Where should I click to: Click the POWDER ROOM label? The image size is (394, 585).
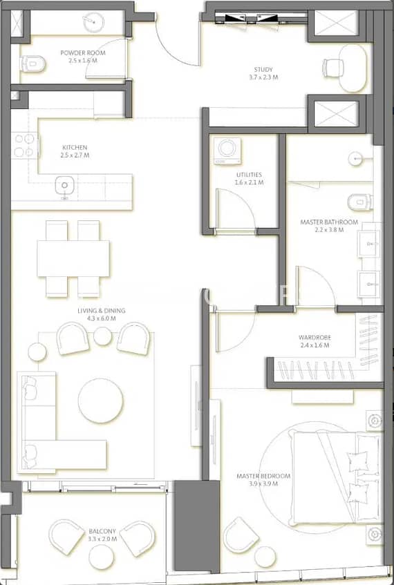(x=82, y=53)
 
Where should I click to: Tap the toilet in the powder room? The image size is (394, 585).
(x=32, y=64)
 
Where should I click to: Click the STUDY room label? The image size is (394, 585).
(x=263, y=69)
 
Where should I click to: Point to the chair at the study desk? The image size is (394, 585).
(x=333, y=68)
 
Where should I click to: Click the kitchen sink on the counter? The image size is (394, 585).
(x=64, y=185)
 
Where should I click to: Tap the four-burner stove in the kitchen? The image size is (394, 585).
(x=25, y=146)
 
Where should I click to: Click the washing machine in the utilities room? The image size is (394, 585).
(x=227, y=151)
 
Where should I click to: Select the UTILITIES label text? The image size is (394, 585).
(x=249, y=175)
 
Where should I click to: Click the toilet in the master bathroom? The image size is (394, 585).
(x=359, y=202)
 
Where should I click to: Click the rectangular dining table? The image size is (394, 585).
(x=73, y=258)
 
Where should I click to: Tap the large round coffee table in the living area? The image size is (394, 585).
(x=100, y=401)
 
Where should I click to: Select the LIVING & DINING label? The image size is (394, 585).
(x=102, y=311)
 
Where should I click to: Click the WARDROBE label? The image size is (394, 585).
(x=315, y=338)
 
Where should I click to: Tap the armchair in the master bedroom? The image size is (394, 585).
(x=241, y=535)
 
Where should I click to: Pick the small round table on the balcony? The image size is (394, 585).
(x=101, y=557)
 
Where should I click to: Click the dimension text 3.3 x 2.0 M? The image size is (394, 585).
(x=102, y=539)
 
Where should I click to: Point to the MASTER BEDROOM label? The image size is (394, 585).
(x=263, y=476)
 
